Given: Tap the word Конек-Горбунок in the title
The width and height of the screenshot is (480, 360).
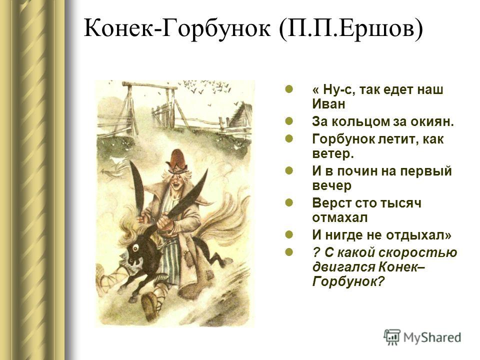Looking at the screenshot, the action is [x=177, y=28].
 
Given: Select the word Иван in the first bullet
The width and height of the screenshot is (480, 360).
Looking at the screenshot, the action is [x=329, y=104].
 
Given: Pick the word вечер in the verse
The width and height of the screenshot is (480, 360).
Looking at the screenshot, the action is [x=332, y=186].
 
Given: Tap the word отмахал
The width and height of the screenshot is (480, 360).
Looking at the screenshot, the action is [x=340, y=218].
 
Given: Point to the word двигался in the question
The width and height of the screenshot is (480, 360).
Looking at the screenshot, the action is [x=343, y=267].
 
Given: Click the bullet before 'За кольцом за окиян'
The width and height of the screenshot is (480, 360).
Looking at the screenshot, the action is [x=288, y=121].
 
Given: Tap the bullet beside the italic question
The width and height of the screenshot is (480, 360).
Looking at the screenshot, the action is [x=288, y=252].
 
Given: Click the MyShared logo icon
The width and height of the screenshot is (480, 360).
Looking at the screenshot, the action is [x=392, y=337].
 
